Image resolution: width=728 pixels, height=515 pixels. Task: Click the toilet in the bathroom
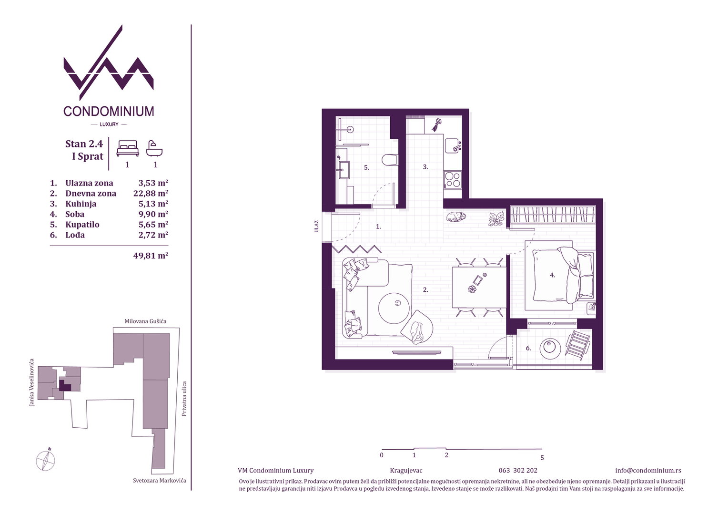click(x=390, y=160)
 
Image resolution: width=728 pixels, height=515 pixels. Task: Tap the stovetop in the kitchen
click(x=453, y=180)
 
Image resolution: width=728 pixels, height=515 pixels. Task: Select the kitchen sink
click(x=453, y=145)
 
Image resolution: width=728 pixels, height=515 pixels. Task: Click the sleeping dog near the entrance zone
click(x=456, y=217)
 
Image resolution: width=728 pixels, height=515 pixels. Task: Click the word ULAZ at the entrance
click(x=316, y=226)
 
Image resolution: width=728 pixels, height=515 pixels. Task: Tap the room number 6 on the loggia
click(x=528, y=348)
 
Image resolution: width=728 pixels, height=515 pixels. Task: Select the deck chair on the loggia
click(x=578, y=346)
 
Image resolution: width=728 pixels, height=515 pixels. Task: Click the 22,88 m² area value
click(x=151, y=193)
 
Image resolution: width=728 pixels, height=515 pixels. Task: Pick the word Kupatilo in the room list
click(x=82, y=225)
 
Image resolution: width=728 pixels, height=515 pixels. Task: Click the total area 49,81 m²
click(x=151, y=256)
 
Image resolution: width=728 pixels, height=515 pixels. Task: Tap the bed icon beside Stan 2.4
click(x=128, y=148)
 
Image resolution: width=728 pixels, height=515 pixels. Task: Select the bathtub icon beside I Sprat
click(x=154, y=148)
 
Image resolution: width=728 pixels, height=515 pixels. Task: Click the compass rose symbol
click(x=46, y=461)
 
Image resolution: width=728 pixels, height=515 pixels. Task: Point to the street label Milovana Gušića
click(x=145, y=321)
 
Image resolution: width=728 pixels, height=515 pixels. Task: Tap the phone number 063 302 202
click(x=518, y=471)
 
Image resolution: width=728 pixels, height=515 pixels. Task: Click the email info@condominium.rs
click(x=648, y=471)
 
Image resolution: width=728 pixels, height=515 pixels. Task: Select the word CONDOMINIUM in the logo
click(x=109, y=111)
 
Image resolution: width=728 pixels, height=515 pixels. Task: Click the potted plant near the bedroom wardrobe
click(x=496, y=218)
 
